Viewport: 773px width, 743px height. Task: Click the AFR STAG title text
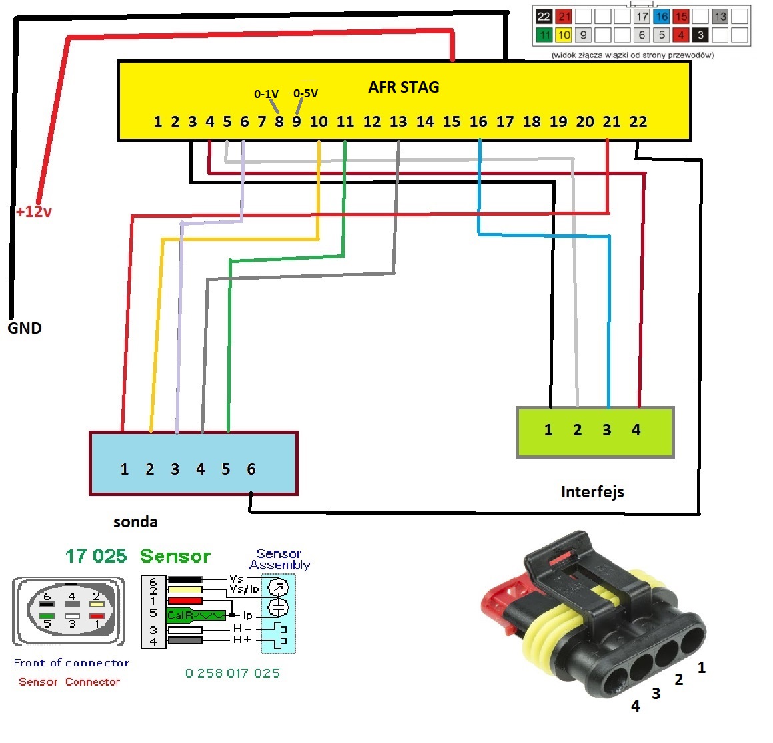pyautogui.click(x=403, y=87)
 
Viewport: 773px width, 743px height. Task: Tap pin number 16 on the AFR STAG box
pyautogui.click(x=478, y=122)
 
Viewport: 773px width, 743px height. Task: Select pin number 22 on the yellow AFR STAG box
pyautogui.click(x=638, y=122)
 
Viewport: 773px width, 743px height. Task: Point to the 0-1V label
pyautogui.click(x=266, y=94)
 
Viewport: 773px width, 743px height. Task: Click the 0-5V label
pyautogui.click(x=305, y=93)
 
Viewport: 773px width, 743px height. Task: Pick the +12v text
pyautogui.click(x=34, y=212)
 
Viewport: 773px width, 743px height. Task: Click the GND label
pyautogui.click(x=25, y=328)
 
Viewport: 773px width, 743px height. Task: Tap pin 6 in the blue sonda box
pyautogui.click(x=251, y=469)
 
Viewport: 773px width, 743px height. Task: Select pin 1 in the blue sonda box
pyautogui.click(x=125, y=469)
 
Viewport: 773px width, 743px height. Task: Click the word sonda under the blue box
pyautogui.click(x=135, y=522)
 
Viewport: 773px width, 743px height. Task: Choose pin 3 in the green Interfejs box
pyautogui.click(x=606, y=430)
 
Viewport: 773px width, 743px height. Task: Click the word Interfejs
pyautogui.click(x=592, y=492)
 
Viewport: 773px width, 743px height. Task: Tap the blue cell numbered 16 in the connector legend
pyautogui.click(x=661, y=17)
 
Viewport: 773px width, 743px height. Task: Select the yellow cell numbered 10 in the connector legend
pyautogui.click(x=564, y=35)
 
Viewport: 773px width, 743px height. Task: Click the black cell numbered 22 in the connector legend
pyautogui.click(x=544, y=17)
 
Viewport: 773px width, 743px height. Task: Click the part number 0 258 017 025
pyautogui.click(x=233, y=673)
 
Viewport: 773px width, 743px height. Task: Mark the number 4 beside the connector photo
pyautogui.click(x=636, y=706)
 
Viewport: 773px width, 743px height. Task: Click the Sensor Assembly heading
pyautogui.click(x=279, y=559)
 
